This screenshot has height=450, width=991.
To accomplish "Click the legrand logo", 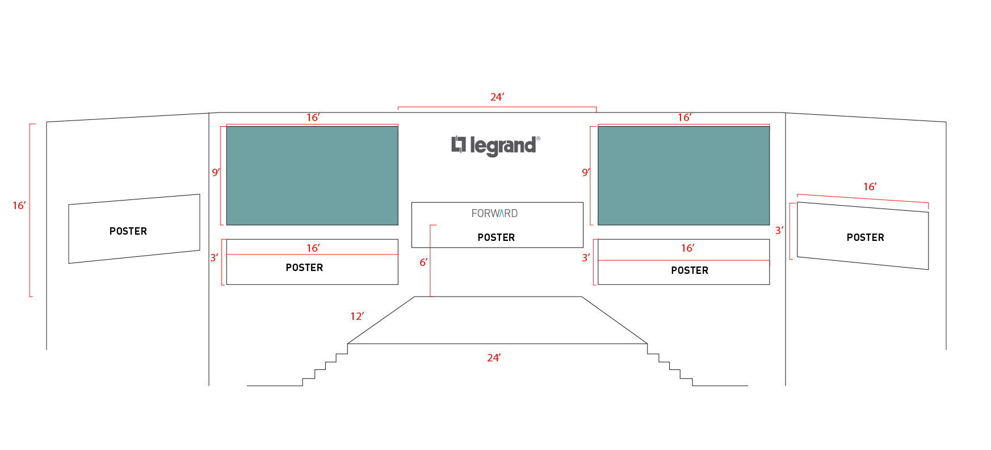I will click(495, 145).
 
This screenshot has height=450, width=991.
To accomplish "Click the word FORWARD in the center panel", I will click(494, 214).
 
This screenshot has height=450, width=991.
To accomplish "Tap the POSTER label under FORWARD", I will click(496, 238).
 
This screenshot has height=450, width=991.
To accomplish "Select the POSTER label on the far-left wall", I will click(128, 231).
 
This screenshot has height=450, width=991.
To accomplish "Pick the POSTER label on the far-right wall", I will click(865, 238).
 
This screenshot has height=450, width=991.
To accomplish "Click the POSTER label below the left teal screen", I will click(304, 268).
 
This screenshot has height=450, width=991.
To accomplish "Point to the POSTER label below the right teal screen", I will click(690, 270).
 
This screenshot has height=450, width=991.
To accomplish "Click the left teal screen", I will click(312, 176).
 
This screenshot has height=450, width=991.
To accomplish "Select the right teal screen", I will click(683, 176).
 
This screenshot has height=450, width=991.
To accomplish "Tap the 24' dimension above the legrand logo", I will click(497, 97).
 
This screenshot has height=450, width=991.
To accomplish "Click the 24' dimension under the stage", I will click(494, 358).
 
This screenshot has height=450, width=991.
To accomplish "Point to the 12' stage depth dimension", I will click(357, 316).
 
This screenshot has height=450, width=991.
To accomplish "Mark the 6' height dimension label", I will click(423, 262).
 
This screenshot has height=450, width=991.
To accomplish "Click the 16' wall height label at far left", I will click(19, 206).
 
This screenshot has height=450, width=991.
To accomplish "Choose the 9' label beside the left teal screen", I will click(216, 172).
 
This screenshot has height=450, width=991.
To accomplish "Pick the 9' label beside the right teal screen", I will click(586, 172).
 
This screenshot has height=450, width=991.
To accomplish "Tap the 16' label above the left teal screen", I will click(313, 118).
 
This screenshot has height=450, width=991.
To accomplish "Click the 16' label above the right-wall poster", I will click(870, 187).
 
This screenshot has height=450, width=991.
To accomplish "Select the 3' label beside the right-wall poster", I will click(779, 230).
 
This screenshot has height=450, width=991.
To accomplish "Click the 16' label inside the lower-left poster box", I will click(313, 248).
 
